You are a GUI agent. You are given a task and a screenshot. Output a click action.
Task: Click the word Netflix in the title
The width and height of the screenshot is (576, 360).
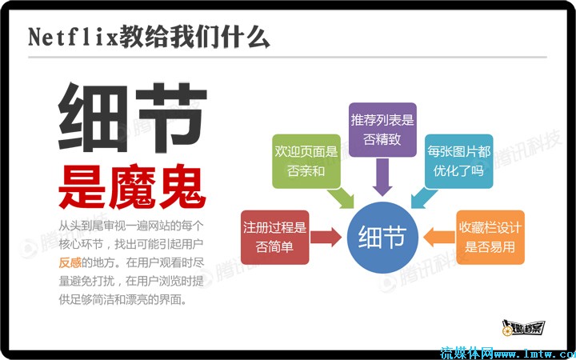point(73,37)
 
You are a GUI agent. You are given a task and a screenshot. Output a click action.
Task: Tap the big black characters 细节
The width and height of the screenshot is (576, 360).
point(132,117)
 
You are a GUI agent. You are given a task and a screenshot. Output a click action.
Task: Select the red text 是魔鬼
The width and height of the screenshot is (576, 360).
point(132,186)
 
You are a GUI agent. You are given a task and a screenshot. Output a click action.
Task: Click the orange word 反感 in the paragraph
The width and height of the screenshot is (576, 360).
point(70,262)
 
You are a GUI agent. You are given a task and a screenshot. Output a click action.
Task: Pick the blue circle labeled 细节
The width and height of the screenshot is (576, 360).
point(382,237)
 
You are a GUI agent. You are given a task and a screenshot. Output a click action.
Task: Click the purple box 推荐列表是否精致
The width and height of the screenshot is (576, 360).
point(382,130)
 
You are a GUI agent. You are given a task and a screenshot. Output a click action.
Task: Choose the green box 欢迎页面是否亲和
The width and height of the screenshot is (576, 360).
point(306,162)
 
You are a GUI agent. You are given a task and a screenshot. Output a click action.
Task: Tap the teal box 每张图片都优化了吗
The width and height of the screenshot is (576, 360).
point(459,162)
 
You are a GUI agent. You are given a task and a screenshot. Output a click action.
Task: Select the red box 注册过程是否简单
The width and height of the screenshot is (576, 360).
point(274,237)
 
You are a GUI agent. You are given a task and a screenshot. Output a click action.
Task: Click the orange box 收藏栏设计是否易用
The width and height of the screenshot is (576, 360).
point(490,237)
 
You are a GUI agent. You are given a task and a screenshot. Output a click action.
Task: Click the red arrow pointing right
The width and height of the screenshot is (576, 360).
point(326,237)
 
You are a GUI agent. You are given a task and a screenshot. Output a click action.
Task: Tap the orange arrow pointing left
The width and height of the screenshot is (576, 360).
point(439,237)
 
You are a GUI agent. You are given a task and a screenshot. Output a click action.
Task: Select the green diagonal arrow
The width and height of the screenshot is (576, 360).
point(341,198)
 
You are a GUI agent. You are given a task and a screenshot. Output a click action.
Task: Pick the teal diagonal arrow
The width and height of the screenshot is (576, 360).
point(424,198)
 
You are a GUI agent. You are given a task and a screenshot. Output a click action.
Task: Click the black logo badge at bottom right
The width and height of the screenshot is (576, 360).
point(523,327)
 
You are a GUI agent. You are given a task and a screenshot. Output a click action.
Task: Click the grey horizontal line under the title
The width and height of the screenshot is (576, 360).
point(287,58)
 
